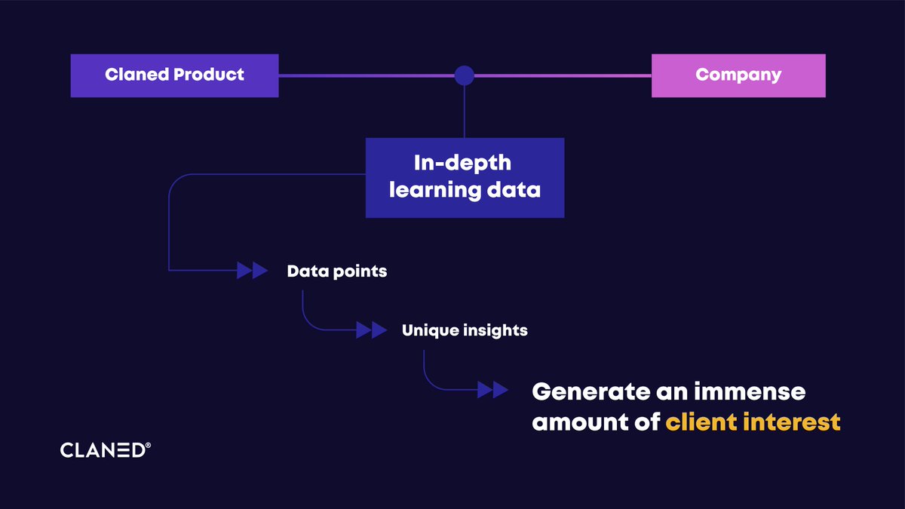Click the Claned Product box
click(x=174, y=75)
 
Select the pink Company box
click(x=738, y=75)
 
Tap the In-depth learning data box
click(x=465, y=177)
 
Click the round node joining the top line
click(x=465, y=75)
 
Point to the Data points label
click(x=336, y=271)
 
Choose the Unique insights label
click(x=465, y=330)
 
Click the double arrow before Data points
click(x=253, y=271)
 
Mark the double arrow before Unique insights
click(x=371, y=330)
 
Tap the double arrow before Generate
click(x=493, y=390)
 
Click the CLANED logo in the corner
click(x=103, y=450)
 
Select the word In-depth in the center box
click(x=462, y=163)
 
